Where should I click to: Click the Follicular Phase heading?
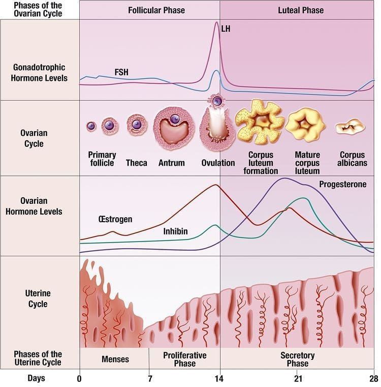pos(156,10)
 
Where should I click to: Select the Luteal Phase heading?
pos(301,10)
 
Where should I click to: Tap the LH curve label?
pos(226,29)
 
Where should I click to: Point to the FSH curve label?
pos(121,72)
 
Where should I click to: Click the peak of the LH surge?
pos(216,22)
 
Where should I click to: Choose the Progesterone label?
pos(343,184)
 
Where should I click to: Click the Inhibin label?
pos(175,231)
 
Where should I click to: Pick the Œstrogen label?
pos(115,219)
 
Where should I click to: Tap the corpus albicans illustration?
pos(350,127)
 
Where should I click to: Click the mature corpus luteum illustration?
pos(305,125)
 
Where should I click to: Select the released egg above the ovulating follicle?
pos(217,101)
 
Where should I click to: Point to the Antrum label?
pos(171,163)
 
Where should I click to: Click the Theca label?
pos(136,163)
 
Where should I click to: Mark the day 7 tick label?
pos(150,378)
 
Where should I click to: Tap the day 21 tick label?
pos(298,378)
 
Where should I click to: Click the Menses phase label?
pos(115,359)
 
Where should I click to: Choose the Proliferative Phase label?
pos(185,360)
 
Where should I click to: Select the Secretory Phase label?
pos(297,360)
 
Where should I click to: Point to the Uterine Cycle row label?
pos(38,299)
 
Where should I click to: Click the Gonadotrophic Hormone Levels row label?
pos(39,73)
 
